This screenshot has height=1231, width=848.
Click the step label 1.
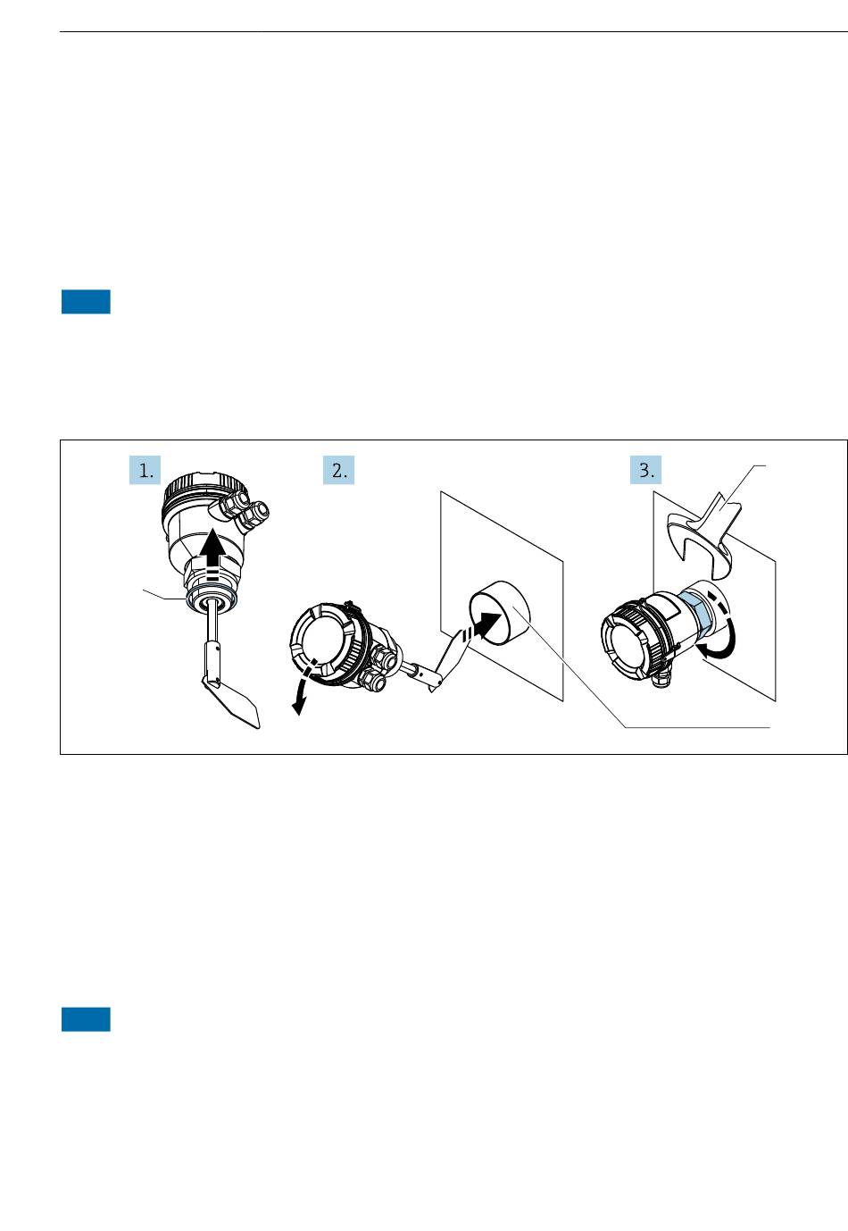pos(145,470)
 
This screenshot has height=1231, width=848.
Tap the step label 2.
pos(338,470)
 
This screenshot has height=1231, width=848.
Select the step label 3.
pos(646,470)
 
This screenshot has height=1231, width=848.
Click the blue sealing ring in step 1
pos(212,600)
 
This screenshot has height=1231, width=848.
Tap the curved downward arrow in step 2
pos(303,687)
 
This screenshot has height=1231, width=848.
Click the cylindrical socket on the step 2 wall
pos(499,612)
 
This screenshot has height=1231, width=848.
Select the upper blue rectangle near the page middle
pos(86,302)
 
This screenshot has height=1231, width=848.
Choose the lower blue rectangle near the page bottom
pos(86,1019)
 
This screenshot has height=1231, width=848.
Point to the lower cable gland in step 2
pos(372,680)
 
